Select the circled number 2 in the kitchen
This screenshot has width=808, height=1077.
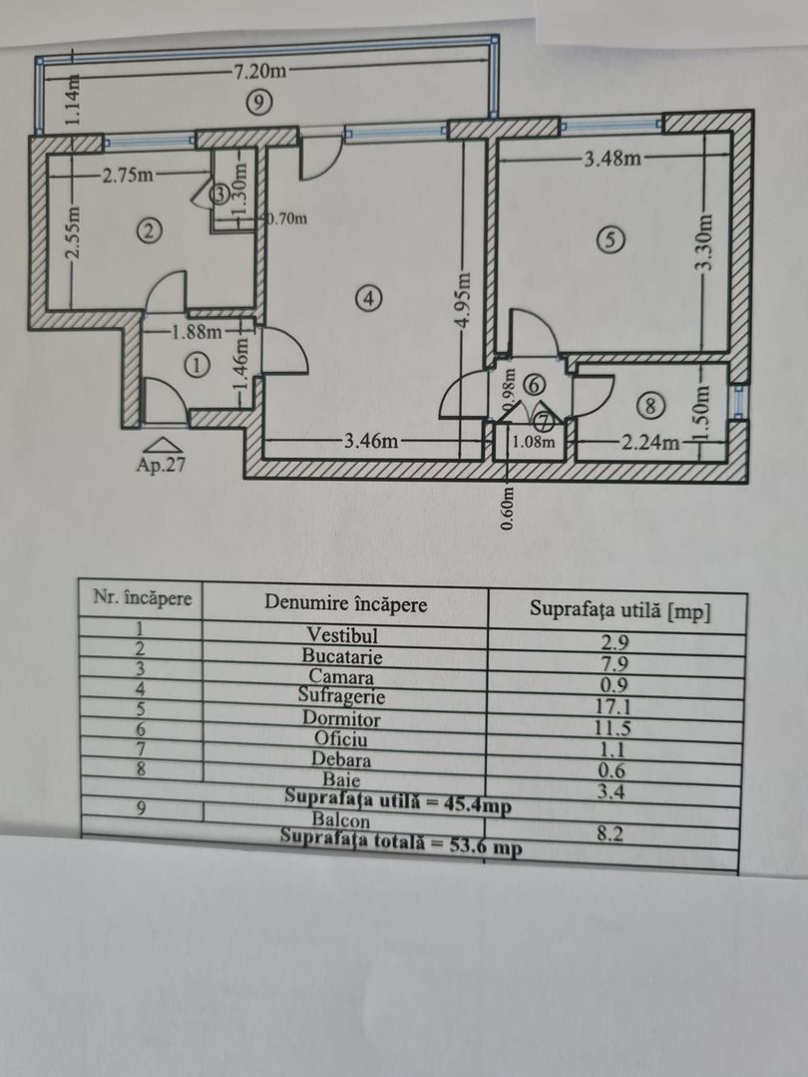coord(148,232)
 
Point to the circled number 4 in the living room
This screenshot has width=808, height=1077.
coord(369,296)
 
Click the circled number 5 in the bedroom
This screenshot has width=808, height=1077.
coord(609,238)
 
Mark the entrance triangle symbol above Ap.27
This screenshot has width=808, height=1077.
coord(164,444)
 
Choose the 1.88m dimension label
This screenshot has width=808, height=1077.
coord(197,333)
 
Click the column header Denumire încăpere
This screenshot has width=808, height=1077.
coord(345,603)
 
